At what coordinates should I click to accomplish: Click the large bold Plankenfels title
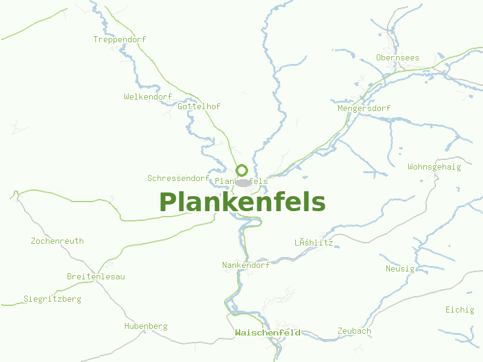pos(242,202)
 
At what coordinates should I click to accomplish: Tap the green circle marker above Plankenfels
pos(241,170)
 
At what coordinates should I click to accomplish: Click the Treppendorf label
pos(120,39)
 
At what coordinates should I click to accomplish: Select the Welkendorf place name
pos(148,97)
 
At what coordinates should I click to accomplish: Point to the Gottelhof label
pos(199,106)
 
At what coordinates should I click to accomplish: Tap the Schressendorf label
pos(178,178)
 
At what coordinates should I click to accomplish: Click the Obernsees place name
pos(397,57)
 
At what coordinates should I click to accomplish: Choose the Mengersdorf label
pos(364,108)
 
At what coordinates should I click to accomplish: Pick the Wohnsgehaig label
pos(434,167)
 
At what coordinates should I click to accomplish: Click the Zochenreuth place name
pos(57,241)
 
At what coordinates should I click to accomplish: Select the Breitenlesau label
pos(95,276)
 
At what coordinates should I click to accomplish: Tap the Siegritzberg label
pos(52,299)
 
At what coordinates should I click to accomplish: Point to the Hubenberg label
pos(146,326)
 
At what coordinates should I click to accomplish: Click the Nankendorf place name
pos(246,265)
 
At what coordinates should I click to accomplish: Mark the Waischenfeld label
pos(267,332)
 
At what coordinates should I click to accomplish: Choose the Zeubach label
pos(354,331)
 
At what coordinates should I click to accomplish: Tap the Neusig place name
pos(400,268)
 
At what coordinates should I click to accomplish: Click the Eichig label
pos(460,310)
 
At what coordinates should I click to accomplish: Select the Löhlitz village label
pos(313,243)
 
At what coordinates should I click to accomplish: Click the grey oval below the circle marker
pos(243,182)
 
